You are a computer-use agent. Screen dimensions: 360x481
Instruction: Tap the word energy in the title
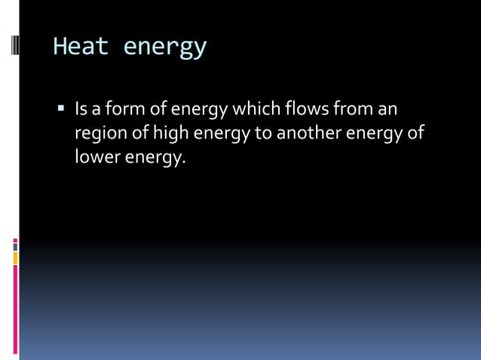coord(164,48)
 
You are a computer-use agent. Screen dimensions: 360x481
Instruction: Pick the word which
coord(256,110)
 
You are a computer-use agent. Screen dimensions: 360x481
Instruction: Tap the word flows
coord(310,110)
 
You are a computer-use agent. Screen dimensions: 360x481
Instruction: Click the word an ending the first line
coord(388,111)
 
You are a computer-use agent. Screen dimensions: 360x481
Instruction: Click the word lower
coord(95,157)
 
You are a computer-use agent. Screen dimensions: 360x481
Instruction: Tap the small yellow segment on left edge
coord(15,258)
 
